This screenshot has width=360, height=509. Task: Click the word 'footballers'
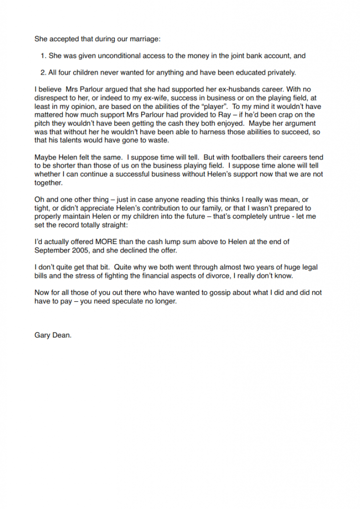click(233, 157)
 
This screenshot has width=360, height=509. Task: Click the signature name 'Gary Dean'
click(53, 335)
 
